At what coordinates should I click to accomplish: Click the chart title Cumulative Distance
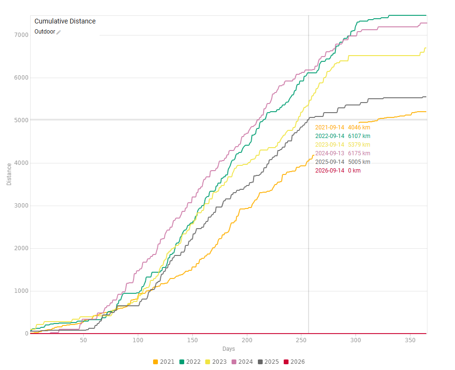[x=65, y=21]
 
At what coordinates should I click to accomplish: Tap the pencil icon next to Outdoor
[x=59, y=32]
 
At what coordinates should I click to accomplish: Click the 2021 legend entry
[x=164, y=362]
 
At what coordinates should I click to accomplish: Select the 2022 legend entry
[x=190, y=362]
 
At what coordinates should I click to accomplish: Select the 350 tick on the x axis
[x=410, y=340]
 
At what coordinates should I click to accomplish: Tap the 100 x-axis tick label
[x=138, y=340]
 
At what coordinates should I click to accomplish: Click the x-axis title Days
[x=228, y=349]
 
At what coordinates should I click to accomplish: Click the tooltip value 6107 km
[x=359, y=136]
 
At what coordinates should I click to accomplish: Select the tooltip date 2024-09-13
[x=329, y=153]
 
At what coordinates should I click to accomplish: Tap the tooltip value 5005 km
[x=359, y=162]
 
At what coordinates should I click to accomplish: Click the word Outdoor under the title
[x=44, y=32]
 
